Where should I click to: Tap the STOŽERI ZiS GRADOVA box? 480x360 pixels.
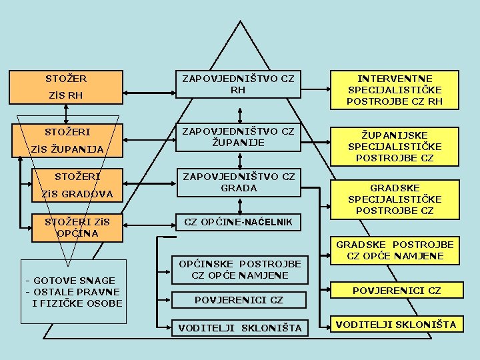click(76, 185)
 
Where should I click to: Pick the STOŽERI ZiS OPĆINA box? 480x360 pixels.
click(76, 227)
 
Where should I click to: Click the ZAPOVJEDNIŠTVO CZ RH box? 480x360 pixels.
click(238, 85)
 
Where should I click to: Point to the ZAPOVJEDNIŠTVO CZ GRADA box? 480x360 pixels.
click(238, 182)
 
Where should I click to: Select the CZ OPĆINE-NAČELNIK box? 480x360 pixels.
click(238, 221)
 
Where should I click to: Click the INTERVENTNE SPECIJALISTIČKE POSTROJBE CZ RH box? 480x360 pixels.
click(395, 90)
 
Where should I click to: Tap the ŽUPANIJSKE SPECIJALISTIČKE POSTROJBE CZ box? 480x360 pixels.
click(395, 147)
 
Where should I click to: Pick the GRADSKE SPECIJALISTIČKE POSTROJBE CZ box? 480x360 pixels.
click(395, 199)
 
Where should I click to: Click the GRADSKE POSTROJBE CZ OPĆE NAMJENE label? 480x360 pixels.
click(395, 251)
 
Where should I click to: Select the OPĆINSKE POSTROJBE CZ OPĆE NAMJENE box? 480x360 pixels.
click(241, 269)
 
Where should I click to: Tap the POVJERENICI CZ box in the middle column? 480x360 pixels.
click(239, 300)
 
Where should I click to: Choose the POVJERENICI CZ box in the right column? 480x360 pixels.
click(396, 291)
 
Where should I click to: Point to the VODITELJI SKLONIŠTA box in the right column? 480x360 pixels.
click(396, 325)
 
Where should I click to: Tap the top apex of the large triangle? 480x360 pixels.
click(238, 23)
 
